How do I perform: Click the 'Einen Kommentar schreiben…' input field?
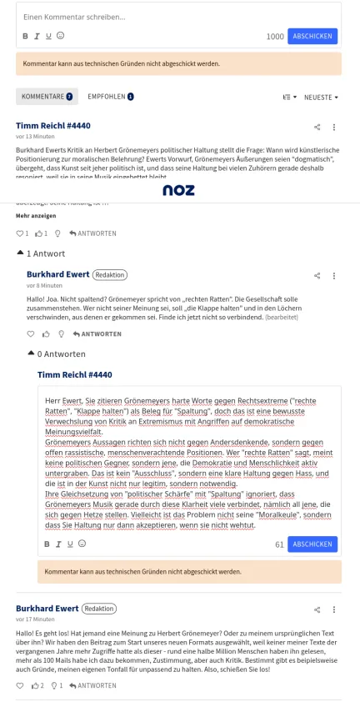(x=167, y=16)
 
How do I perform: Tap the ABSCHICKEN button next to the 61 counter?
(x=312, y=544)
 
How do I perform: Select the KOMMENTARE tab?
(x=47, y=97)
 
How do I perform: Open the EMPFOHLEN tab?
(x=110, y=97)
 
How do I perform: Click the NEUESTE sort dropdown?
(x=321, y=98)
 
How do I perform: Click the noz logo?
(x=178, y=190)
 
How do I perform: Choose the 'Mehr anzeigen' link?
(x=36, y=215)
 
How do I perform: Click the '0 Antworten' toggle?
(x=56, y=353)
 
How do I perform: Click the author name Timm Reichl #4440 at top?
(x=53, y=125)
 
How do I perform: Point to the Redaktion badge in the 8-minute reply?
(x=109, y=274)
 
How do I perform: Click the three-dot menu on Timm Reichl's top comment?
(x=334, y=127)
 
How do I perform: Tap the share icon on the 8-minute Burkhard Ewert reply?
(x=317, y=275)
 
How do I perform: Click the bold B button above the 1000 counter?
(x=25, y=36)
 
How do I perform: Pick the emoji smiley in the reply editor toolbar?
(x=82, y=544)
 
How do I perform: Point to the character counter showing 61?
(x=279, y=544)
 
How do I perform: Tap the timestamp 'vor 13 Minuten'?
(x=35, y=136)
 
